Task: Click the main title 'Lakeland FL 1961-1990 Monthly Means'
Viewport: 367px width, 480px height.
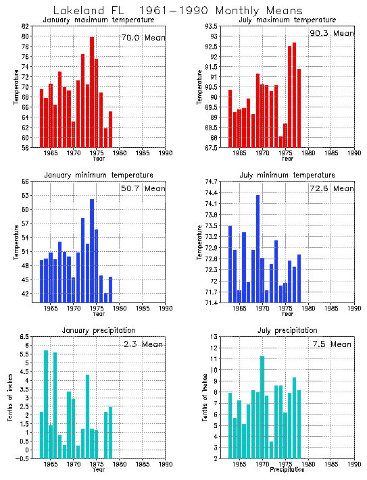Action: pyautogui.click(x=168, y=10)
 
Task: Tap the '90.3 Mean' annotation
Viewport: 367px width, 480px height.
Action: pyautogui.click(x=332, y=33)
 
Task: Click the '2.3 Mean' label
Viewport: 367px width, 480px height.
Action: pyautogui.click(x=143, y=344)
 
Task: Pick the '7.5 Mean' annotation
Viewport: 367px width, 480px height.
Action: pyautogui.click(x=331, y=344)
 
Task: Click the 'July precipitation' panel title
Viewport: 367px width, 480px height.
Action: pyautogui.click(x=287, y=330)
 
